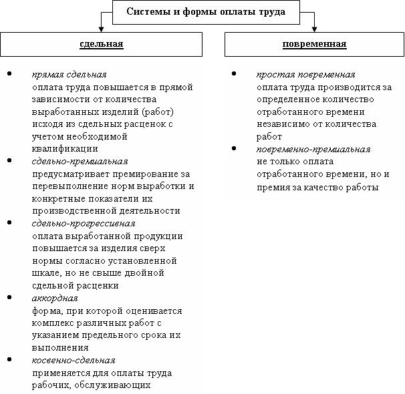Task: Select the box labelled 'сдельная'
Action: pyautogui.click(x=102, y=44)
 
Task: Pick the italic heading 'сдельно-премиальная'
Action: pyautogui.click(x=80, y=161)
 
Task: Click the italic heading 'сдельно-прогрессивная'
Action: pyautogui.click(x=84, y=223)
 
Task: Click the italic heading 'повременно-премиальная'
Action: pyautogui.click(x=313, y=149)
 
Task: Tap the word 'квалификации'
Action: pyautogui.click(x=64, y=148)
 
